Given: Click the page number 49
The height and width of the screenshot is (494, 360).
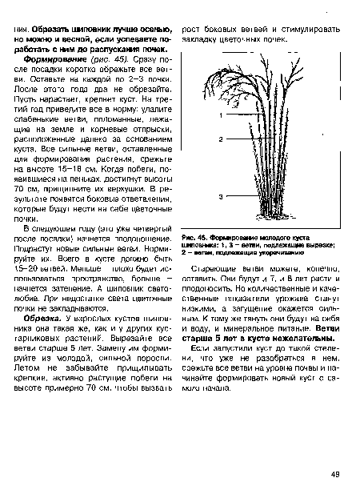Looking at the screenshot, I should point(334,475).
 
